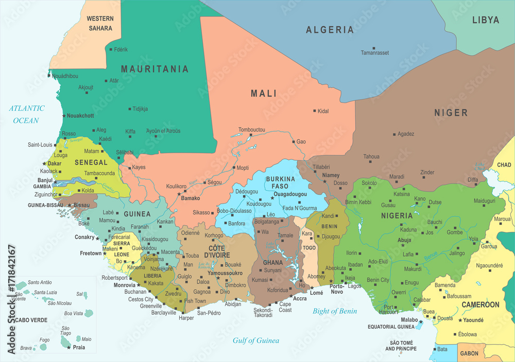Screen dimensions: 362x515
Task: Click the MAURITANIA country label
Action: click(154, 69)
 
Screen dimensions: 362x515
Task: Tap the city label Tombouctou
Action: click(251, 130)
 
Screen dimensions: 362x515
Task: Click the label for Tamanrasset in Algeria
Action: click(374, 53)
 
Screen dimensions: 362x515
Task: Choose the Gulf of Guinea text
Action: click(256, 340)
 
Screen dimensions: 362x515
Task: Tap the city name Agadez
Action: click(406, 134)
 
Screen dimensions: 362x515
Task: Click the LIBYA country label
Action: click(486, 20)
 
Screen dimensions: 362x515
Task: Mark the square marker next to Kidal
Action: click(314, 111)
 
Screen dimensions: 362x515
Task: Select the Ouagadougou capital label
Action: click(290, 194)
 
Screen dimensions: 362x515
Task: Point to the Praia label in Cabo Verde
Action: click(79, 348)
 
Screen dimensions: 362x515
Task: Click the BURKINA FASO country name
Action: click(280, 182)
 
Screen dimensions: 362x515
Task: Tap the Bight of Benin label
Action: click(335, 311)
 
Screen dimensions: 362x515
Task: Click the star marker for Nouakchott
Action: click(64, 116)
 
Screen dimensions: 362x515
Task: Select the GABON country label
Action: click(469, 354)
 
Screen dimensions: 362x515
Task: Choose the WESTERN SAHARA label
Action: click(100, 23)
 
